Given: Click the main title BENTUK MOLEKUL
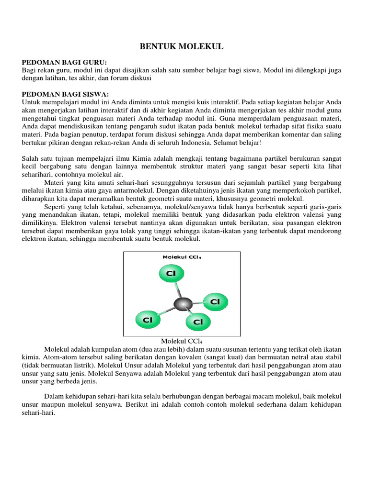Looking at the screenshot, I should [181, 46].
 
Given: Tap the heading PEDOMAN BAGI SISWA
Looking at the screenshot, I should [67, 94].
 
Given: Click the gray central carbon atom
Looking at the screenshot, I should [183, 303].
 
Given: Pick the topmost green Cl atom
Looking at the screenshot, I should [171, 273].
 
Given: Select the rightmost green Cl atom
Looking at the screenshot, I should [215, 301].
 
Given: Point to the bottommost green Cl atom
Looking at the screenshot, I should [198, 322].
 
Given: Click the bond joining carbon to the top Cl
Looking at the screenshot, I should [177, 289].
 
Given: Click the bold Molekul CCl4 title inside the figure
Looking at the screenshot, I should [182, 257].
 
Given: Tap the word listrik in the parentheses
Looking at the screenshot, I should [76, 365].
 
